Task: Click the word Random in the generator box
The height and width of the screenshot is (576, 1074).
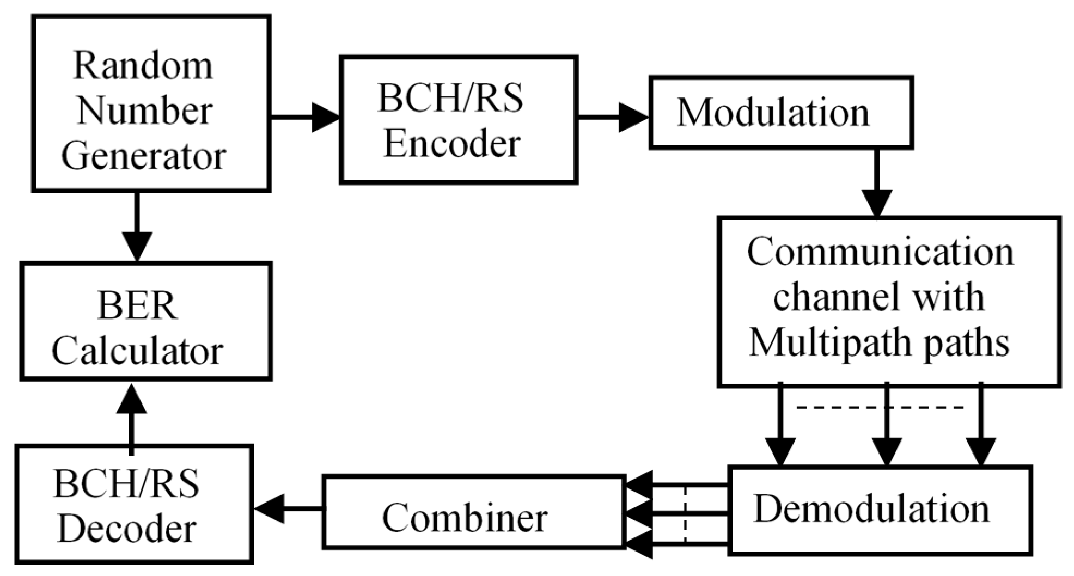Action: point(143,66)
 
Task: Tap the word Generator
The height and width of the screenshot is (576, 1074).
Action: point(143,157)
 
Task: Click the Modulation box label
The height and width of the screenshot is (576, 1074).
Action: point(773,113)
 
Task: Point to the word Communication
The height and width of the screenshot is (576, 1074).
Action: point(880,253)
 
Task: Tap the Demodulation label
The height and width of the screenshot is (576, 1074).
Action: point(871,510)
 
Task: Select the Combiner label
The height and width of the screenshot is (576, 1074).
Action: point(465,518)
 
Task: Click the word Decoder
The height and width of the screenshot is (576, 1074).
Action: point(126,530)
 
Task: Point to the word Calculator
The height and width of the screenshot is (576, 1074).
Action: point(137,351)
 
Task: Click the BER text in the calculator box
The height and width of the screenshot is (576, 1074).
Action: point(137,306)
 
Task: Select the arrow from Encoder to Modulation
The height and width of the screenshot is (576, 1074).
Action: point(612,117)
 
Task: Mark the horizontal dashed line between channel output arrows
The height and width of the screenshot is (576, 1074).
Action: point(880,407)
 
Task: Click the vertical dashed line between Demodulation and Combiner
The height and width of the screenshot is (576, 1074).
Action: point(685,514)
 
